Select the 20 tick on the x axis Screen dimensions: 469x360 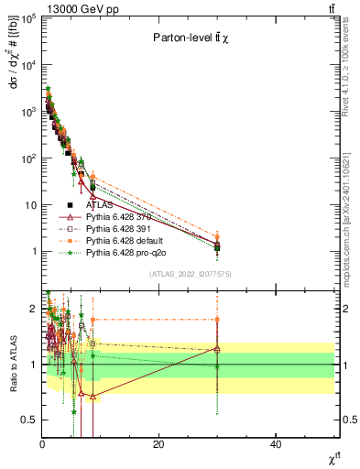pos(159,444)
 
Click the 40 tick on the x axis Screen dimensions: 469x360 pos(277,444)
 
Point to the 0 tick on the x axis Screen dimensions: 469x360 pos(42,444)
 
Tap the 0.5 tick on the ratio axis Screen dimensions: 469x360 pos(29,420)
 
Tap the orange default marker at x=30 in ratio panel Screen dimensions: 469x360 pos(217,320)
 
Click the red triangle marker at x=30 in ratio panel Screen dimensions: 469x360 pos(217,349)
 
